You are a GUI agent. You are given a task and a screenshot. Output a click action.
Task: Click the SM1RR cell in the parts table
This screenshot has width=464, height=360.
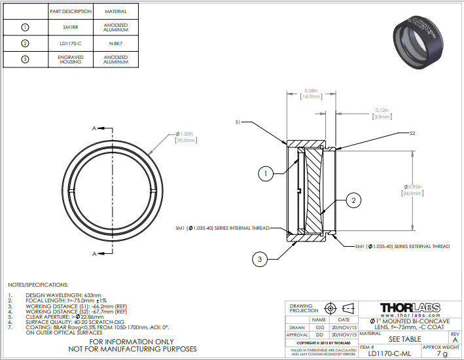[70, 27]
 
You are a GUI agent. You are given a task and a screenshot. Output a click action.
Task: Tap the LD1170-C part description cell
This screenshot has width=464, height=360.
[70, 44]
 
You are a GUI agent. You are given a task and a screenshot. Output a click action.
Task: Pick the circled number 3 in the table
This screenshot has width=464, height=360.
[26, 60]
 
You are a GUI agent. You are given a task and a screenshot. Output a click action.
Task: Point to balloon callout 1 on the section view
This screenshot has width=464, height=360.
[264, 173]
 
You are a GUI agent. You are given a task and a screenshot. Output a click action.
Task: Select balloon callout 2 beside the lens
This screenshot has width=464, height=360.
[353, 200]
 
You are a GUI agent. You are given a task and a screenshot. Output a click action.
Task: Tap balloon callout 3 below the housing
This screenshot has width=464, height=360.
[260, 260]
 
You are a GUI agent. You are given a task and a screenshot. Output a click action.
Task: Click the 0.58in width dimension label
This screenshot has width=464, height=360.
[311, 90]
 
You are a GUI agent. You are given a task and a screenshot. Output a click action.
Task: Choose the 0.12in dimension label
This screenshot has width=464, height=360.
[382, 110]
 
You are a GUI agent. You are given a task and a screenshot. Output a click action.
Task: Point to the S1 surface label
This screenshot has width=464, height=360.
[239, 122]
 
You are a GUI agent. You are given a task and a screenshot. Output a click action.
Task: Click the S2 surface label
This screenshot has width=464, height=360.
[412, 133]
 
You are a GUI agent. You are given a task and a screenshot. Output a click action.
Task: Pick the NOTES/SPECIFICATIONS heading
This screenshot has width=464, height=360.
[37, 285]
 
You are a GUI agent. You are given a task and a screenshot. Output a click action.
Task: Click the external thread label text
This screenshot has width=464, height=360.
[402, 246]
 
